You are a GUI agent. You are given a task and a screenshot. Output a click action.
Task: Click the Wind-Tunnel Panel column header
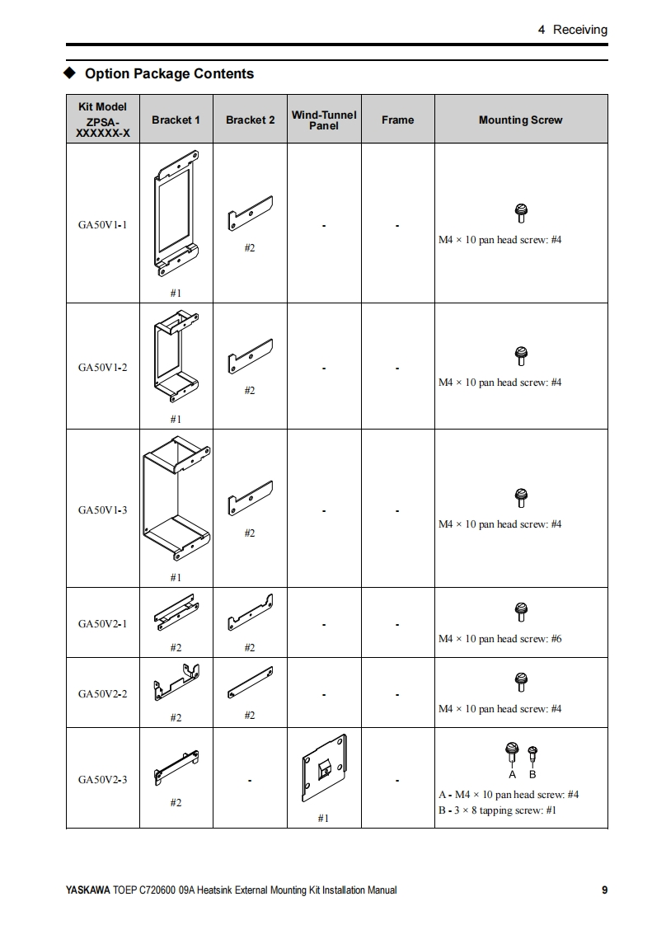pos(324,120)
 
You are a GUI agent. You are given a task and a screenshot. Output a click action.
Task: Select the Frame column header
pos(397,120)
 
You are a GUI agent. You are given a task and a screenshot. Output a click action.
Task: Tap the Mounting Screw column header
pos(520,120)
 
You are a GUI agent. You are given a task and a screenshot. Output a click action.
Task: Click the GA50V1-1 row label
pos(103,224)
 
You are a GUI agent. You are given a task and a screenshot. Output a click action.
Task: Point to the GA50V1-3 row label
pos(103,510)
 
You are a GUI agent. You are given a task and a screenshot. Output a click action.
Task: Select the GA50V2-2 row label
pos(103,694)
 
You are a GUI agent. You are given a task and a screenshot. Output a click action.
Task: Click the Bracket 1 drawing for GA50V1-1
pos(176,212)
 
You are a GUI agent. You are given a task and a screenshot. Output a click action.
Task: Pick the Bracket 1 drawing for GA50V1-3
pos(176,499)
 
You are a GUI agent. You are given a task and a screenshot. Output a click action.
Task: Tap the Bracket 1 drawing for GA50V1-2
pos(176,355)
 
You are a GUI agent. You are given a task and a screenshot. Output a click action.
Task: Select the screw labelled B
pos(532,754)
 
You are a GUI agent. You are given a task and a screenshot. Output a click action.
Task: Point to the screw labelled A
pos(512,752)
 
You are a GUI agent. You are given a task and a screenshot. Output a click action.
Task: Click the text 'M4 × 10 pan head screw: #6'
pos(500,639)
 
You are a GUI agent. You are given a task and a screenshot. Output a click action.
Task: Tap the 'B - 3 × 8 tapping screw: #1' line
pos(497,810)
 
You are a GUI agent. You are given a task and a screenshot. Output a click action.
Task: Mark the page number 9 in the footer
pos(604,890)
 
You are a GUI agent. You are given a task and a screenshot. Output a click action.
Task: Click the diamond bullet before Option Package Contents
pos(71,73)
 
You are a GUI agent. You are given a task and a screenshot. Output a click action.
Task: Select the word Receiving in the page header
pos(579,30)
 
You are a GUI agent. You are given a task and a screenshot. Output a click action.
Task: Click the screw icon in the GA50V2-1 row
pos(520,612)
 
